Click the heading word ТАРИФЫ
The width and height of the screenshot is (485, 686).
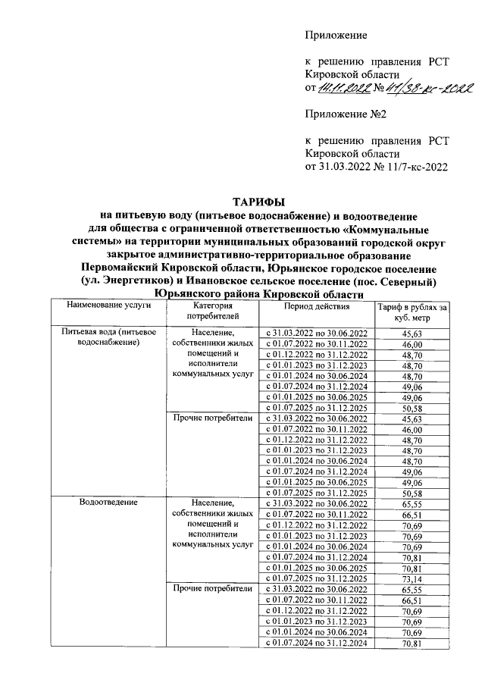[258, 202]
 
